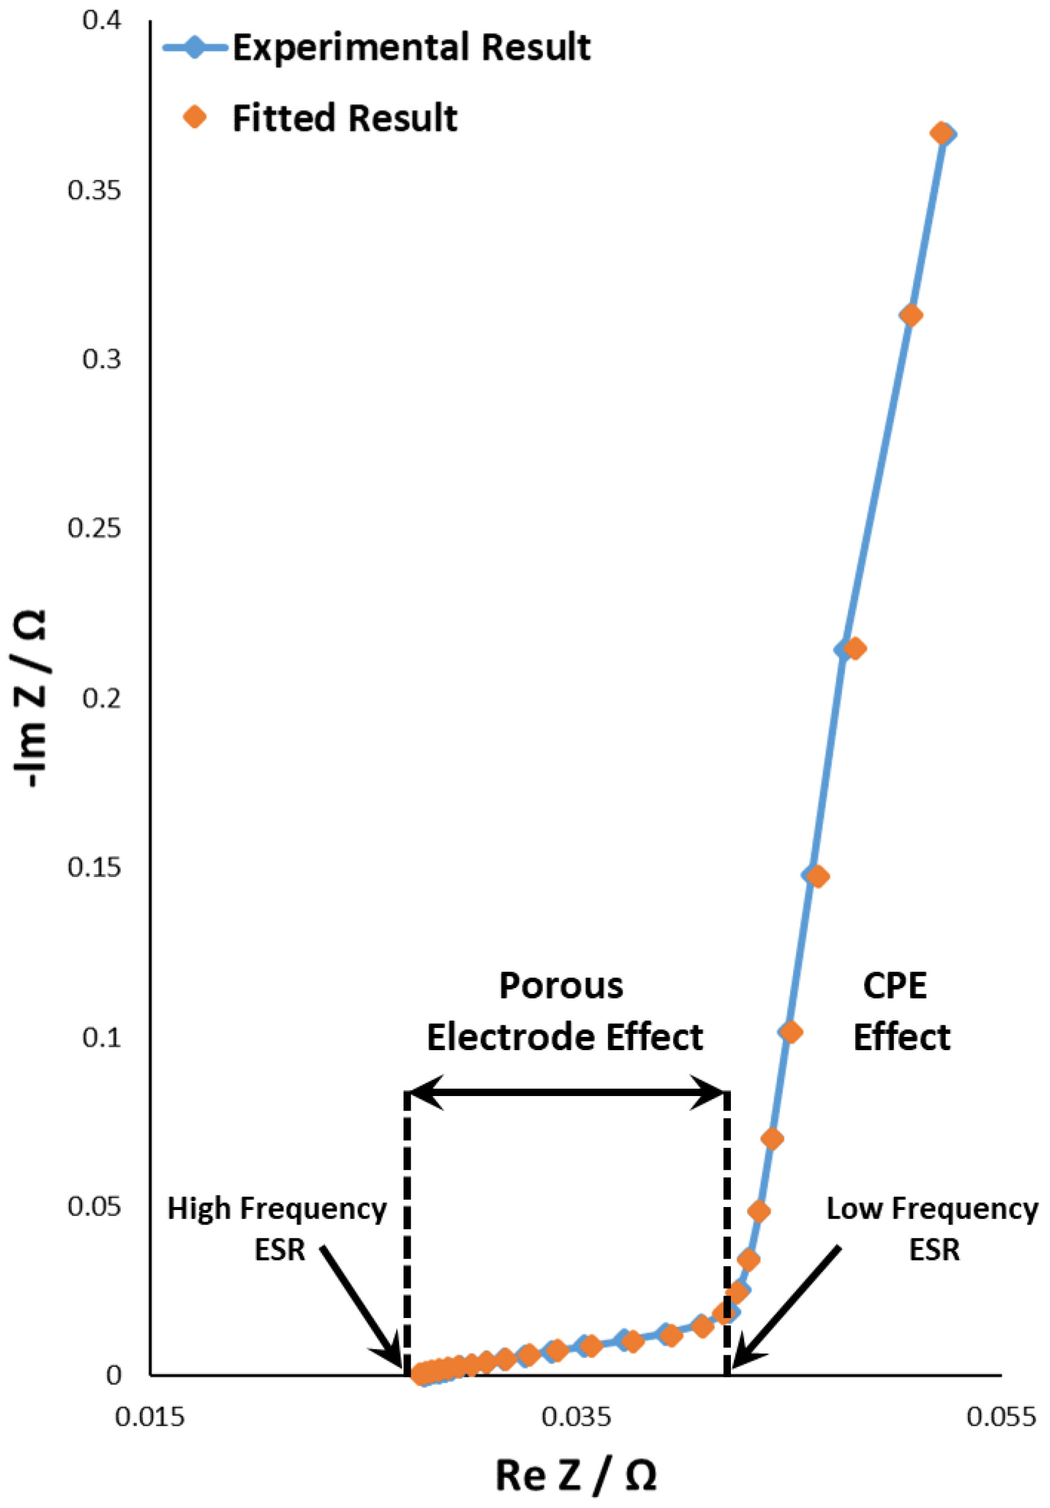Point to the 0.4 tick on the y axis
(102, 20)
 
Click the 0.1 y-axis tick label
(102, 1036)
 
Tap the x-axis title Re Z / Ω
(576, 1474)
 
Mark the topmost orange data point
(941, 133)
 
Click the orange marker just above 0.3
(910, 315)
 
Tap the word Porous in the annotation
(561, 985)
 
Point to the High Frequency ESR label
(277, 1228)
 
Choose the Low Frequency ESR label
(932, 1228)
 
